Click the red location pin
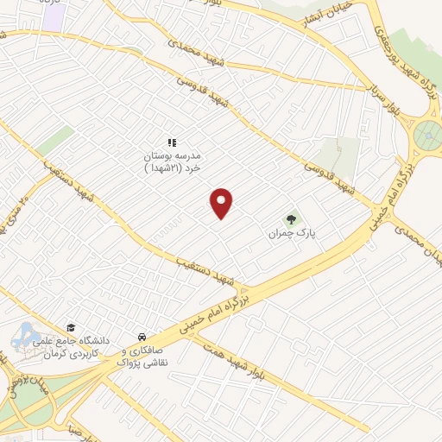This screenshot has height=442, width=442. (222, 203)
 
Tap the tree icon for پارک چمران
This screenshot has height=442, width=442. (293, 220)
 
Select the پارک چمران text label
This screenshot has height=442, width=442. (287, 234)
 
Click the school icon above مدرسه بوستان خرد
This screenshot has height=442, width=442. (171, 142)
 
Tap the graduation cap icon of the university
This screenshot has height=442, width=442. (71, 328)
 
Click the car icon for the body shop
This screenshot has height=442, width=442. (140, 337)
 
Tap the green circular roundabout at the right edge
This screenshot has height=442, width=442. (428, 136)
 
